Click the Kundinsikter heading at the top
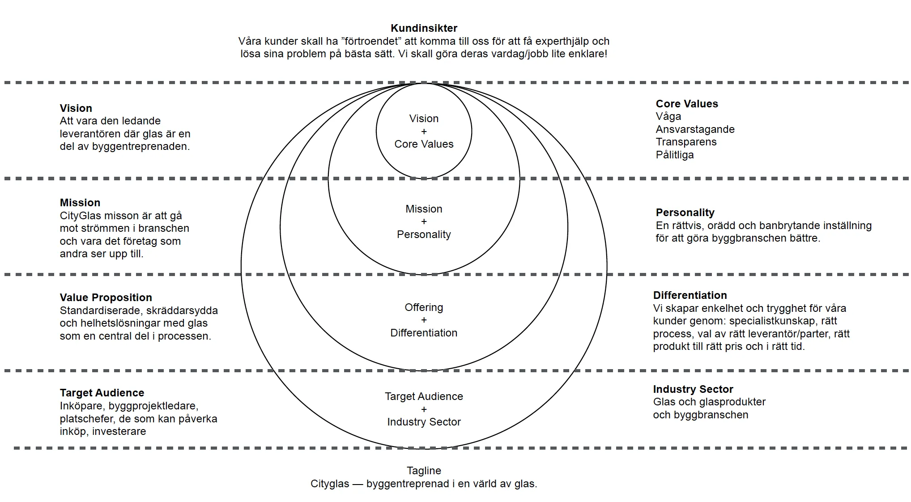[x=424, y=28]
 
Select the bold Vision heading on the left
[x=76, y=108]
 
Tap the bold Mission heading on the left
[x=80, y=203]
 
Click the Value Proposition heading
[x=106, y=298]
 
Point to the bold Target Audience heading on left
[x=102, y=393]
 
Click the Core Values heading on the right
[x=687, y=104]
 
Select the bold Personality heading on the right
[x=685, y=213]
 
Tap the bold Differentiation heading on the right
[x=690, y=295]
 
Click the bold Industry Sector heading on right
[x=693, y=389]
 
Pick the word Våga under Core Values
[x=668, y=117]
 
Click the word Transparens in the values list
[x=686, y=142]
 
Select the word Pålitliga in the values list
[x=675, y=155]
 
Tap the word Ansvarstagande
[x=695, y=130]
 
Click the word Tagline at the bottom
[x=424, y=471]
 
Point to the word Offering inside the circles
[x=424, y=307]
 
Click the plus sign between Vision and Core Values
[x=424, y=132]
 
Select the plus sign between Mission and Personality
[x=424, y=221]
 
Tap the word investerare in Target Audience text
[x=119, y=432]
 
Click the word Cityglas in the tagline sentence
[x=330, y=484]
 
